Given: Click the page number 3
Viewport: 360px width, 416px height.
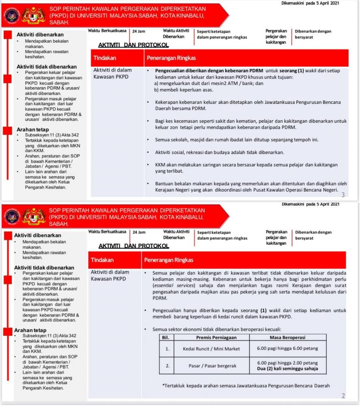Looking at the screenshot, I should [343, 195].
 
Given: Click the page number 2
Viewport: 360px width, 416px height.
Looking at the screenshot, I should [343, 396].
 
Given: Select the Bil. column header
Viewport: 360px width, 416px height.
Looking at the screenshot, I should [166, 337].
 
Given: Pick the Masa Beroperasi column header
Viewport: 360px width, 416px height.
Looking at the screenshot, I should [287, 337].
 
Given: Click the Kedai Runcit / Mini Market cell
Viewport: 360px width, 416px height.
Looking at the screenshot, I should [211, 349].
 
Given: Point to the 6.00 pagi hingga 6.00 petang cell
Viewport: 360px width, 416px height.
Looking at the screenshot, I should [287, 349].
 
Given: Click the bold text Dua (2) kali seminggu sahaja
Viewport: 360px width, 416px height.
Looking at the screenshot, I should [287, 369].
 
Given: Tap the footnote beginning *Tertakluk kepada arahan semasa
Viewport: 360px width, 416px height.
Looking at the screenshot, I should [246, 386].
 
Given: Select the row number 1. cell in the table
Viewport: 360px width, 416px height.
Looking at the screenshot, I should [166, 349].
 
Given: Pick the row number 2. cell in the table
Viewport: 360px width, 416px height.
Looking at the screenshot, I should [166, 366].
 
